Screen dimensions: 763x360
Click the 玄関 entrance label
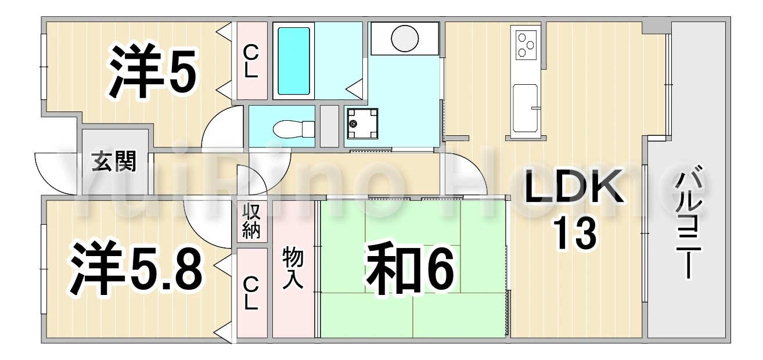click(x=114, y=161)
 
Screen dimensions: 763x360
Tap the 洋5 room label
click(x=152, y=72)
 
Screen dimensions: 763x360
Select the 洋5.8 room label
click(x=136, y=268)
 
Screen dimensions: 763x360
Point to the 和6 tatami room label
click(x=410, y=271)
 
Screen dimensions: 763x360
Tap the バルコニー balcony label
click(x=688, y=222)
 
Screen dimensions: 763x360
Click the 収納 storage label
click(x=251, y=221)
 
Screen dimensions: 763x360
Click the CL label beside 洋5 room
click(x=250, y=62)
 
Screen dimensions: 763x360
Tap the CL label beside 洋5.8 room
click(x=250, y=294)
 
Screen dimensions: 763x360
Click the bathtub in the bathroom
click(x=294, y=61)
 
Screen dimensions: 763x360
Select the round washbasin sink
click(x=405, y=38)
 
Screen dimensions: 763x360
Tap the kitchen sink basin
click(x=526, y=109)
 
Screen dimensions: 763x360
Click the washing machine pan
click(x=362, y=124)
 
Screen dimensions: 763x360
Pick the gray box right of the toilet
click(x=329, y=126)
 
